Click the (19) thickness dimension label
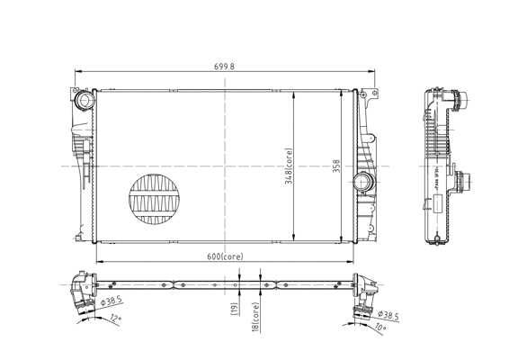pyautogui.click(x=234, y=309)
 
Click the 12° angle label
pyautogui.click(x=115, y=319)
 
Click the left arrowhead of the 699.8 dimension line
pyautogui.click(x=76, y=72)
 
